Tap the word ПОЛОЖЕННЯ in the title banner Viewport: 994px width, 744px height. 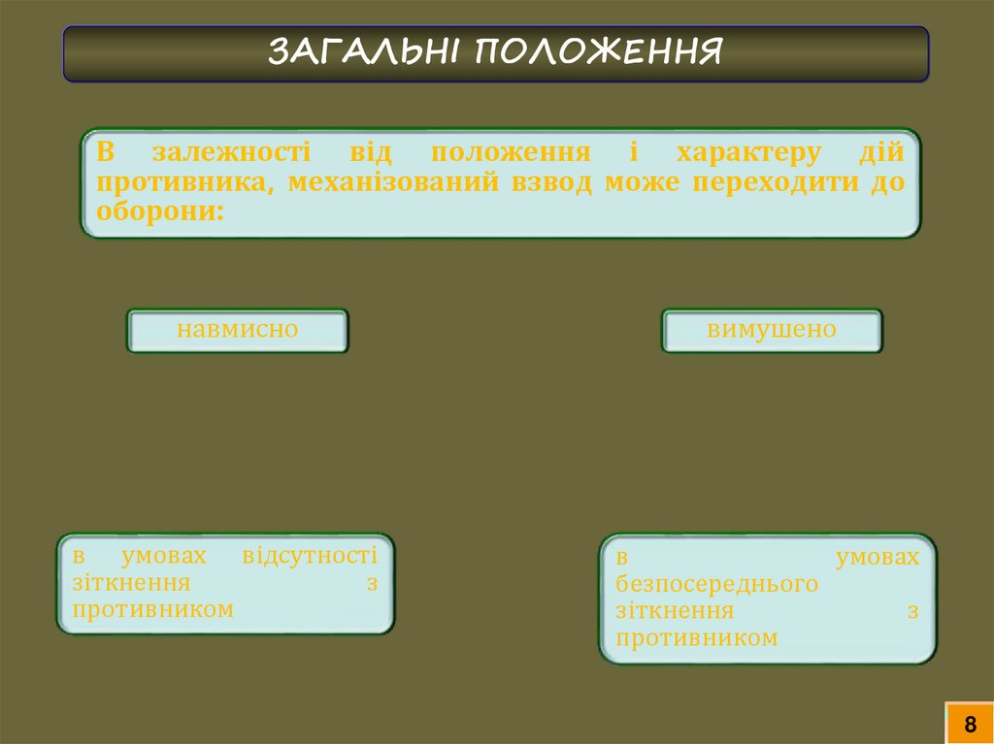[599, 52]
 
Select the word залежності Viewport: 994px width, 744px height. [231, 153]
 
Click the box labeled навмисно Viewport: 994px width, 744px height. [237, 330]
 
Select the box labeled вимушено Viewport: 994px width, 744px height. [772, 330]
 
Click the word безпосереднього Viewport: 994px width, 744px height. [716, 585]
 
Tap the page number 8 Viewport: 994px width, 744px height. [969, 724]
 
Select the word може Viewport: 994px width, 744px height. [641, 182]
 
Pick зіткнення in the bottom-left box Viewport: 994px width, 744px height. [130, 583]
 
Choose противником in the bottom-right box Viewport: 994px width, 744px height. [696, 638]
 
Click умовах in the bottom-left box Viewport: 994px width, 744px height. [165, 556]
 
